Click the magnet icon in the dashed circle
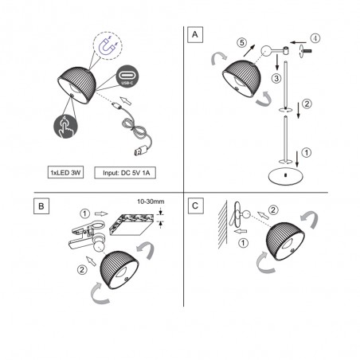(108, 45)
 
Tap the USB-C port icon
(127, 76)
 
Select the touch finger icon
(65, 126)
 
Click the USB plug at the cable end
(139, 150)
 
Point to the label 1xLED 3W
(65, 173)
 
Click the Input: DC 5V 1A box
(125, 173)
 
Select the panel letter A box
(195, 34)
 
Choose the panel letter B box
(41, 206)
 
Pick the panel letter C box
(196, 205)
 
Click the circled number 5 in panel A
(242, 42)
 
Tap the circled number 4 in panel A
(315, 38)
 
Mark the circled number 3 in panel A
(276, 78)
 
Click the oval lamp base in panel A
(286, 176)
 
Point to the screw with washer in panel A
(305, 51)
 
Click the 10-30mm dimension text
(151, 202)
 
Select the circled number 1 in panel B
(85, 213)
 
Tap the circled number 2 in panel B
(82, 270)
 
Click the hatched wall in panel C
(222, 225)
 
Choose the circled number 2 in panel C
(273, 210)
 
